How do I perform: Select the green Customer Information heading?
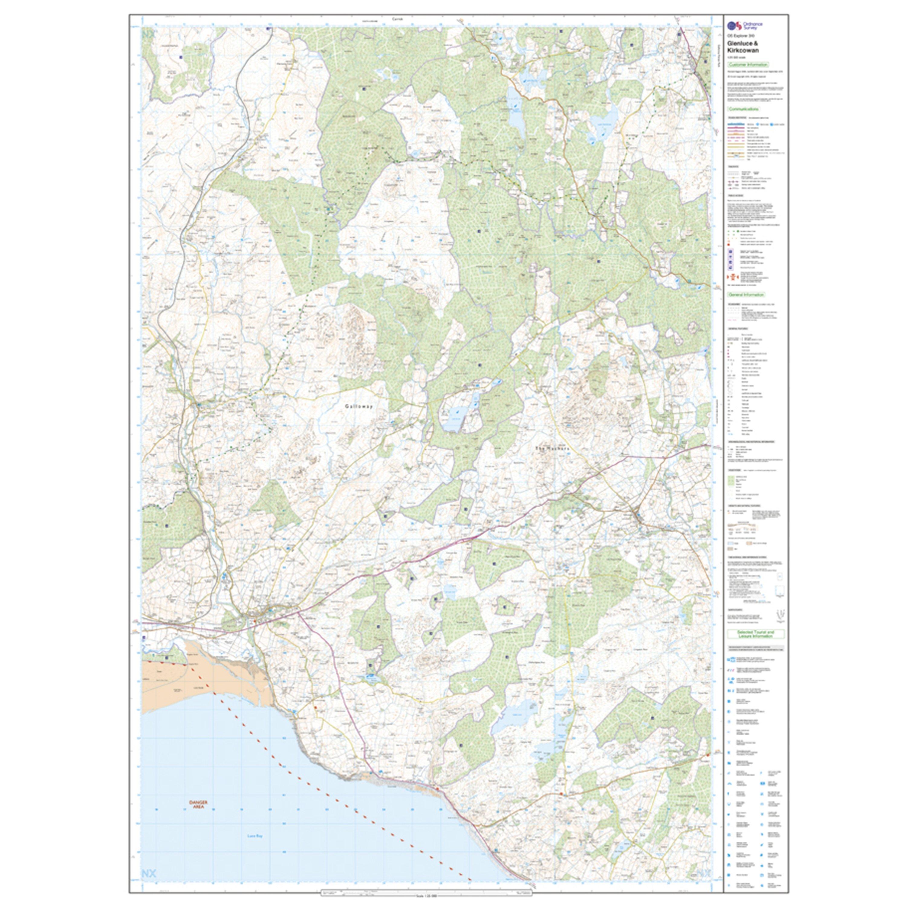[x=747, y=65]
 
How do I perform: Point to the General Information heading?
[x=746, y=295]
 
